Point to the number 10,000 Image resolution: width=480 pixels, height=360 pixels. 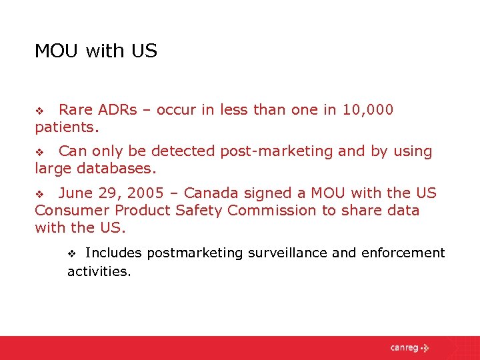367,109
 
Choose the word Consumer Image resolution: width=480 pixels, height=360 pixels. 71,211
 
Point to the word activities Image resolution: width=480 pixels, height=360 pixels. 99,271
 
